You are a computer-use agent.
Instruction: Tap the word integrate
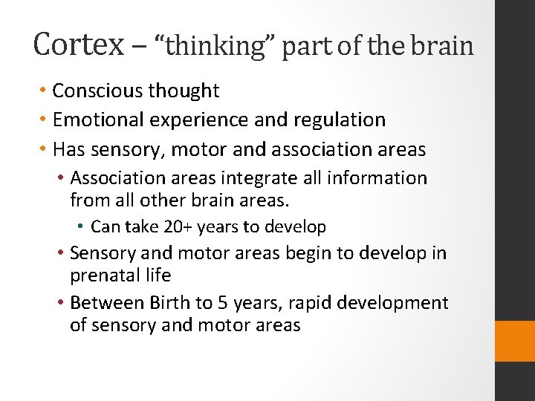280,178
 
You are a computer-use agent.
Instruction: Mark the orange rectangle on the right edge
515,341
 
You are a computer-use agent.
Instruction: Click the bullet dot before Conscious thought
44,91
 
